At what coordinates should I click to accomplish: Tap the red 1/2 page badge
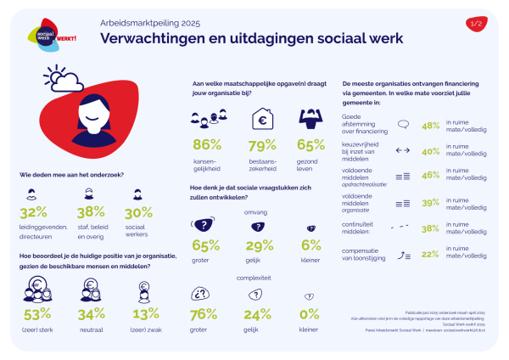pyautogui.click(x=477, y=24)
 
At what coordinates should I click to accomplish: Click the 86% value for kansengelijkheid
pyautogui.click(x=208, y=144)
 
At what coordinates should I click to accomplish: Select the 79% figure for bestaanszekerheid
pyautogui.click(x=260, y=144)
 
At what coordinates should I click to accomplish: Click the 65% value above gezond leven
pyautogui.click(x=310, y=144)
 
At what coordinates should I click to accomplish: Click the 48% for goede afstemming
pyautogui.click(x=430, y=125)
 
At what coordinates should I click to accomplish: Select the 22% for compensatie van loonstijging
pyautogui.click(x=430, y=253)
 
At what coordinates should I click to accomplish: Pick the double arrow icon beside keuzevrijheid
pyautogui.click(x=403, y=150)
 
